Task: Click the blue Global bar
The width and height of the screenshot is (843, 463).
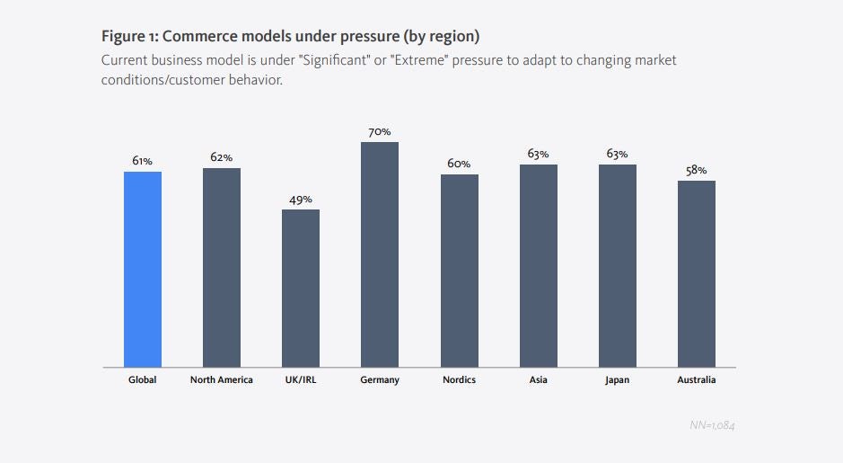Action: [143, 269]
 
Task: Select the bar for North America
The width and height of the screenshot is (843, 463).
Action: [222, 267]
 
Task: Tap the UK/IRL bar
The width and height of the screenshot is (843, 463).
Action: [301, 288]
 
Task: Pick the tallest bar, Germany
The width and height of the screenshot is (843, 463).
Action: [380, 254]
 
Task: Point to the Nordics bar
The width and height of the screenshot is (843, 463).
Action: [459, 271]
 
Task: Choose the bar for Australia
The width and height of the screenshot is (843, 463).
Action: [697, 273]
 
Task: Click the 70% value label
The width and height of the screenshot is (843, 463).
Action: [380, 132]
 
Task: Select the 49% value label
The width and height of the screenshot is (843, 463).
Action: [301, 200]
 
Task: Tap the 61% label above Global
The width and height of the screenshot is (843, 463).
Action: [143, 161]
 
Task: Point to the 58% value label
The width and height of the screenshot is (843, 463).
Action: [697, 170]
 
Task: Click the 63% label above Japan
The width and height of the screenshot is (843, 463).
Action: [618, 154]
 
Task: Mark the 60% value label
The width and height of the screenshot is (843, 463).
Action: [459, 164]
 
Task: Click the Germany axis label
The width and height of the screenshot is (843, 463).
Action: [380, 380]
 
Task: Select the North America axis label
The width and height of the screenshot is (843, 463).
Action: [222, 380]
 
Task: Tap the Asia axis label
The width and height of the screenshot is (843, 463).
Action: [539, 380]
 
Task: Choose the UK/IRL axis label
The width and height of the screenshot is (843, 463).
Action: [301, 380]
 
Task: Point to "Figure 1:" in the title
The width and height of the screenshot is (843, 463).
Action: [132, 38]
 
